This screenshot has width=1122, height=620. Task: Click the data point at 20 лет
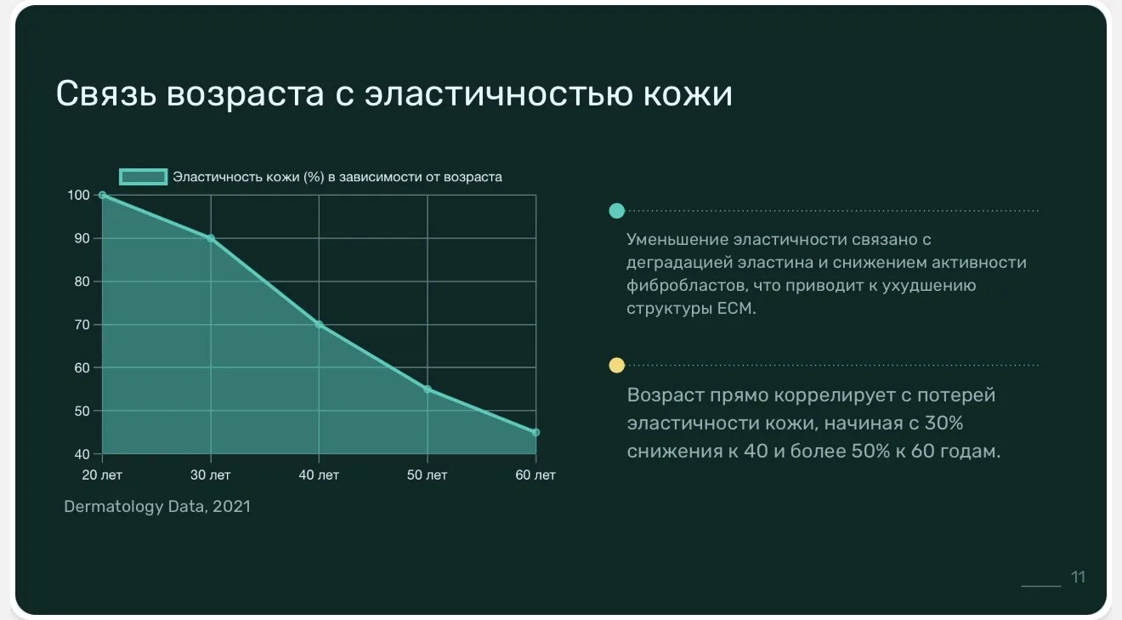[x=102, y=195]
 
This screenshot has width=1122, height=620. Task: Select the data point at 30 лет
[x=211, y=238]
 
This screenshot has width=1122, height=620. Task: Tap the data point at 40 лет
[x=319, y=324]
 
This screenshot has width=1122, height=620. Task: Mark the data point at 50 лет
[x=428, y=389]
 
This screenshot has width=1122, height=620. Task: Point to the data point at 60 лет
[x=535, y=432]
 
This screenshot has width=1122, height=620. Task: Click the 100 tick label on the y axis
[x=79, y=195]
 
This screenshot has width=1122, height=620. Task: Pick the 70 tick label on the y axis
[x=82, y=324]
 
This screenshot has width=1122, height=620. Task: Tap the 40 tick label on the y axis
[x=82, y=454]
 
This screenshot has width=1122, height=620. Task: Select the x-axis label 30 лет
[x=211, y=475]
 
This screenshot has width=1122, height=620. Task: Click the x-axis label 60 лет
[x=535, y=475]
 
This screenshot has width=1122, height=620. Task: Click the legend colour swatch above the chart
[x=144, y=177]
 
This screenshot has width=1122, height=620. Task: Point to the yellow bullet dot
[x=616, y=365]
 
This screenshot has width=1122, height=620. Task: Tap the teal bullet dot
[x=616, y=211]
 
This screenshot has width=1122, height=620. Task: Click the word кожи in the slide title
[x=688, y=94]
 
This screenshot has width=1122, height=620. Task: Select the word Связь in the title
[x=106, y=94]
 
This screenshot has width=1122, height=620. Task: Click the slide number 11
[x=1078, y=577]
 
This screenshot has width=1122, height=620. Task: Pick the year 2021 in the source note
[x=231, y=506]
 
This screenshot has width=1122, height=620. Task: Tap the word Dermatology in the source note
[x=114, y=507]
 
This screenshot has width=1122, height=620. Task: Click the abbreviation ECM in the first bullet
[x=736, y=308]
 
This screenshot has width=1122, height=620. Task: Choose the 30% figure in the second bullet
[x=943, y=423]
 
